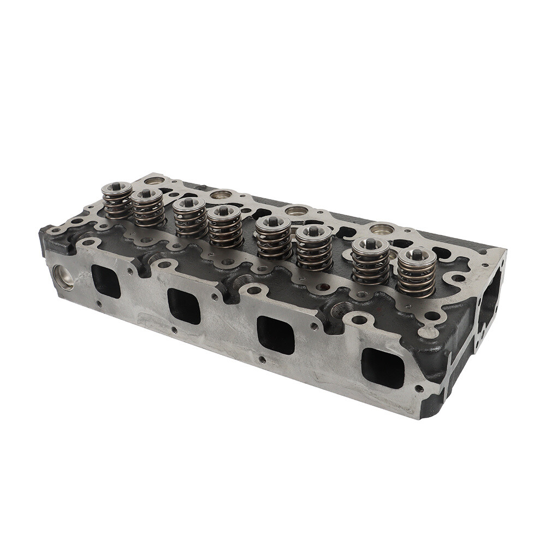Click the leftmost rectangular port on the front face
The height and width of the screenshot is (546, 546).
[x=105, y=281]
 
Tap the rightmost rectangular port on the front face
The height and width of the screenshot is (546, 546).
[x=383, y=367]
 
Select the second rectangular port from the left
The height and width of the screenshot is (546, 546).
[x=183, y=305]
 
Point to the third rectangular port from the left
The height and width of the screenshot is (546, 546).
[x=276, y=334]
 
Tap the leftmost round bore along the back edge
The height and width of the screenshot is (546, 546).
[x=154, y=181]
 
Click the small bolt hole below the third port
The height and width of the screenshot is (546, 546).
[x=262, y=359]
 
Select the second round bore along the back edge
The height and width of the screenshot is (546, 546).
[x=221, y=194]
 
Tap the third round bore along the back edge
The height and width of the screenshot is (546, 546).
[x=296, y=210]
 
